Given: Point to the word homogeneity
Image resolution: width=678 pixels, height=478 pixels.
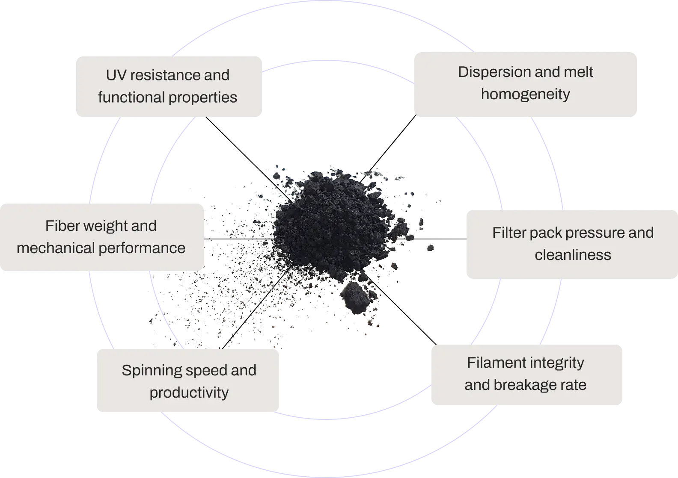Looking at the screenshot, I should [525, 94].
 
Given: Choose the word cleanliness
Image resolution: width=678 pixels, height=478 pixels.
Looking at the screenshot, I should [573, 255].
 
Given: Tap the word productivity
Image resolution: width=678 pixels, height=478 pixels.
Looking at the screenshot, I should [189, 393].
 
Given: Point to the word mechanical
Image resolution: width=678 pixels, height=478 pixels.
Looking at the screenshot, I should [54, 248].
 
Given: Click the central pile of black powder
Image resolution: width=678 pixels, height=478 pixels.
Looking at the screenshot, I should [334, 227].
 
